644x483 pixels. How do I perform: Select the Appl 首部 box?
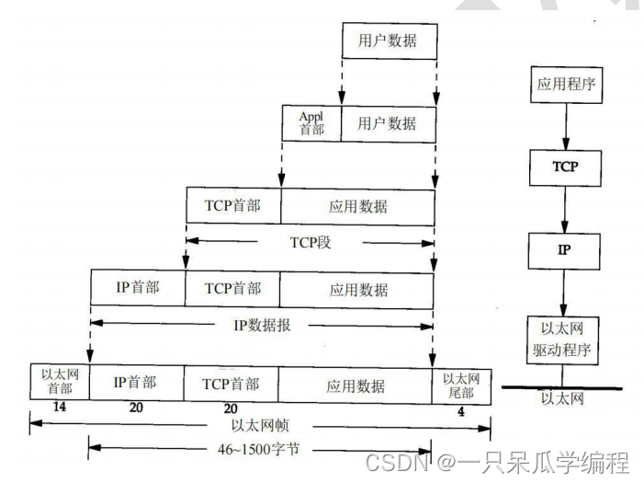[311, 122]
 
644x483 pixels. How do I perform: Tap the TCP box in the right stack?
[564, 168]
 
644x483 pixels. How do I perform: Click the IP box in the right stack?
[564, 248]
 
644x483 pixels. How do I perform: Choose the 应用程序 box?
[564, 87]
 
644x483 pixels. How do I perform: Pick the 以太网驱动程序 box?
[564, 339]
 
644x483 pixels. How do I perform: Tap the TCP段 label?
[310, 242]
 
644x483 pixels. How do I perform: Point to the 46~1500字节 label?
[262, 451]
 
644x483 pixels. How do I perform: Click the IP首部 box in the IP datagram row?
[138, 288]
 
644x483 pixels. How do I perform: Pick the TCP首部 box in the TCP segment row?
[232, 205]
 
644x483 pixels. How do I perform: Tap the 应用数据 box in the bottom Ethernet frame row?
[355, 385]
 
